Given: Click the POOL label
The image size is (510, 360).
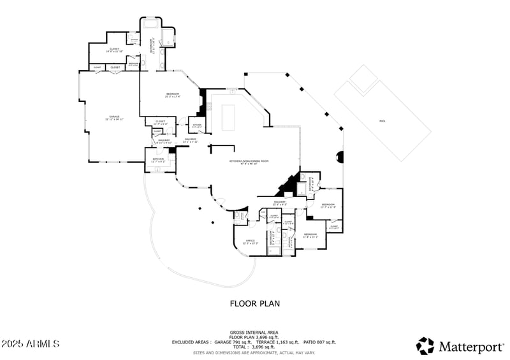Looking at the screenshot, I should tap(382, 120).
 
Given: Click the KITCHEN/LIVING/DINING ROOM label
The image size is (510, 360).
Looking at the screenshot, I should tap(249, 162).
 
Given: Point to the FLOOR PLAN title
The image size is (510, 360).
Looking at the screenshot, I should tap(254, 304).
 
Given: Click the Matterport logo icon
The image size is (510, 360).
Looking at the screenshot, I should tap(425, 345).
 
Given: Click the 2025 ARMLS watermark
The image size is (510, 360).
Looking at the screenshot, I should tap(30, 344).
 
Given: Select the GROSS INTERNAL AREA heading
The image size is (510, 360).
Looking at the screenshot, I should tap(254, 332).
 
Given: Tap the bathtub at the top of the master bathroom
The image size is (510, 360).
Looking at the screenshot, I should tap(151, 25).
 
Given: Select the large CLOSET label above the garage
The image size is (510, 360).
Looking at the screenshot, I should tap(114, 50).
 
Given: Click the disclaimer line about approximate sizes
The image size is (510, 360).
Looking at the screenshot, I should tap(254, 352).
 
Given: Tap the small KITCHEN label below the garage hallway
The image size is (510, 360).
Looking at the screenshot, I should tap(158, 160).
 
